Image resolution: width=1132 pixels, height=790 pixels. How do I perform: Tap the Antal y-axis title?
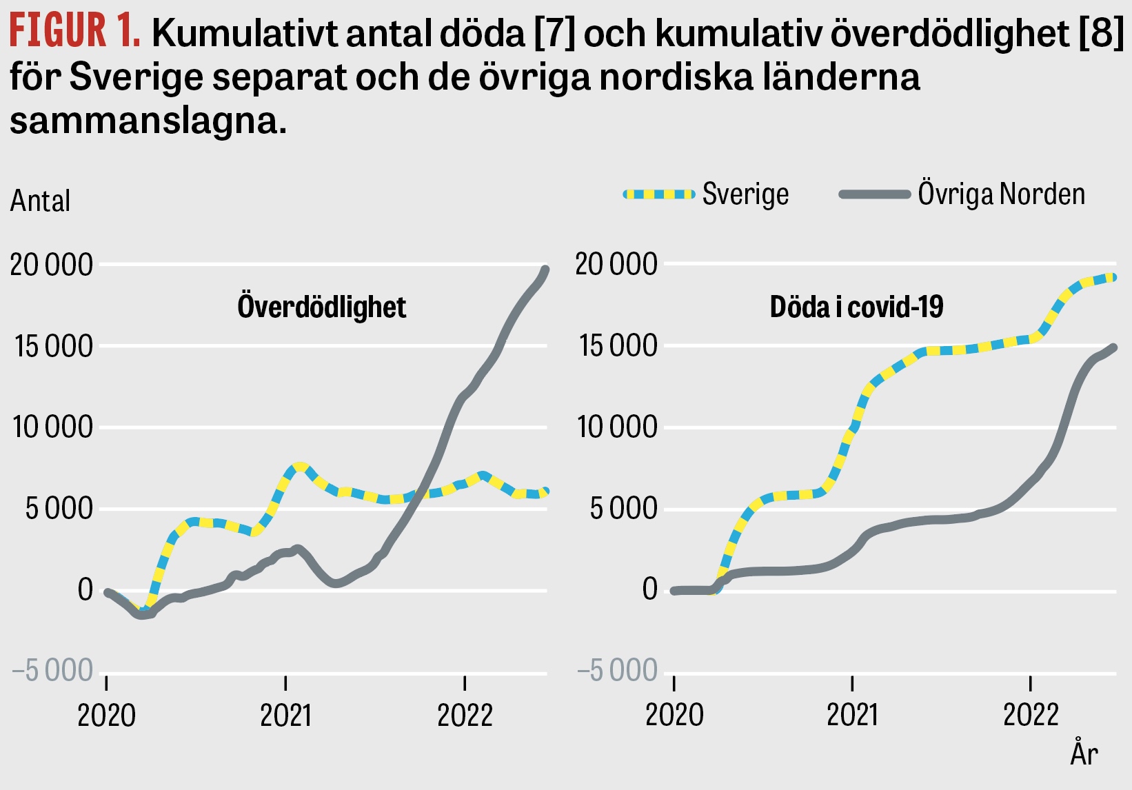click(x=40, y=201)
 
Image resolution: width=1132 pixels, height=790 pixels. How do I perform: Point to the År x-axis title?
click(x=1084, y=753)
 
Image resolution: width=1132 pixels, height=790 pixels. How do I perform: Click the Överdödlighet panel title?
click(x=321, y=307)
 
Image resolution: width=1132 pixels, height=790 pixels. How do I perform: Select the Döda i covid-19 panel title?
click(x=856, y=307)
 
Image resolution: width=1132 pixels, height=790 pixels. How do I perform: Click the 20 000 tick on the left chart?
click(x=52, y=265)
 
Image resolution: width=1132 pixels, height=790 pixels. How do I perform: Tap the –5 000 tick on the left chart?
click(x=52, y=670)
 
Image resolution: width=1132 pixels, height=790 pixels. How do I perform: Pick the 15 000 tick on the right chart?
click(x=618, y=346)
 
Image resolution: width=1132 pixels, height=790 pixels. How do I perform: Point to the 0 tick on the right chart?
click(x=649, y=589)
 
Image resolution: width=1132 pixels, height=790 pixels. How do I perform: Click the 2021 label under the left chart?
click(x=286, y=716)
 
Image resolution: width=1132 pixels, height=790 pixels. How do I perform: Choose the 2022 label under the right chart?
click(x=1030, y=716)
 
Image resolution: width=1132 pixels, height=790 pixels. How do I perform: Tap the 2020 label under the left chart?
click(x=106, y=716)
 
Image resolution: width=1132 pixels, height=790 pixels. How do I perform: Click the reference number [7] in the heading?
click(x=555, y=33)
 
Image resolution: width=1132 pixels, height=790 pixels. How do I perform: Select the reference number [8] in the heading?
click(x=1101, y=33)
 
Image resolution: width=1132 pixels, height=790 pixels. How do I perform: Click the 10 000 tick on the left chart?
click(x=52, y=427)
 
